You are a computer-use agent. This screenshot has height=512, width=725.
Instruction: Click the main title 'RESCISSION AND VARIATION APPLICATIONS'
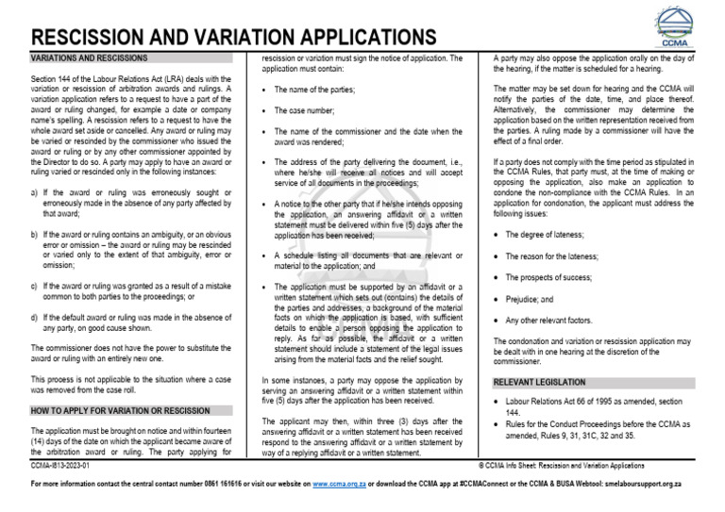tap(234, 37)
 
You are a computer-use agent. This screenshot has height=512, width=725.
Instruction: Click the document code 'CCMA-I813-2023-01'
tap(61, 466)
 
